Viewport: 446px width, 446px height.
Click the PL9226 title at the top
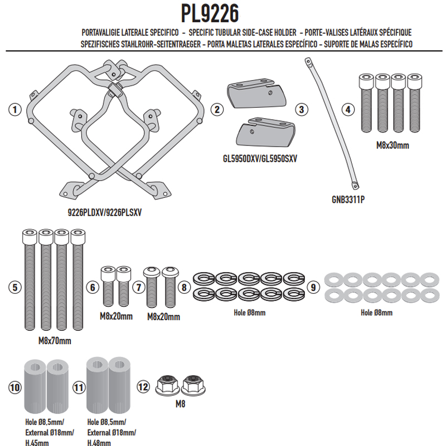tap(210, 13)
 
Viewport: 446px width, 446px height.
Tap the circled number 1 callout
tap(15, 109)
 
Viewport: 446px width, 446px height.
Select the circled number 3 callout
tap(302, 109)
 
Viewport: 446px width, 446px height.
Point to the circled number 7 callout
tap(139, 287)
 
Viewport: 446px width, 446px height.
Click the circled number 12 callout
tap(143, 387)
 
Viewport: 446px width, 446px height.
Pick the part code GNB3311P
tap(348, 200)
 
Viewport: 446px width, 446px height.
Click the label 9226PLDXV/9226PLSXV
tap(104, 212)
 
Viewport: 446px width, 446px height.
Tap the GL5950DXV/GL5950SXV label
tap(260, 158)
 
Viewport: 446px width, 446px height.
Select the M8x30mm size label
tap(392, 146)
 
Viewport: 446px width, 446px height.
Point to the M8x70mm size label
tap(55, 341)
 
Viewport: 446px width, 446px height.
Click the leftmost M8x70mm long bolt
tap(30, 280)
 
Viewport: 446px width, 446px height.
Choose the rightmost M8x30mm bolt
tap(415, 103)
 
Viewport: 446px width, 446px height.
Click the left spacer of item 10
tap(35, 386)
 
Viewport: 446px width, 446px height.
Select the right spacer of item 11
tap(119, 385)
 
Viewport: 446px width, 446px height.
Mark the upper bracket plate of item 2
tap(256, 93)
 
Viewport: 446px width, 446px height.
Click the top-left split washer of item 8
tap(204, 278)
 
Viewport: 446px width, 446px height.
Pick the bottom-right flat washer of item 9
tap(429, 296)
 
